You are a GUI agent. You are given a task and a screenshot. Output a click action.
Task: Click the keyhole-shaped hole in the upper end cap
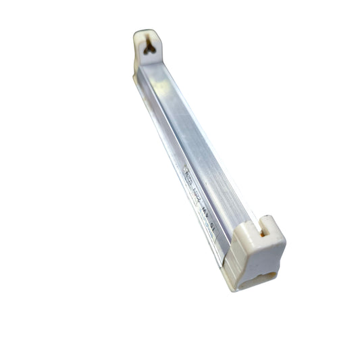coord(149,47)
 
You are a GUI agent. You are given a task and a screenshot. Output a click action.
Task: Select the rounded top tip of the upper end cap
coord(146,31)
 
